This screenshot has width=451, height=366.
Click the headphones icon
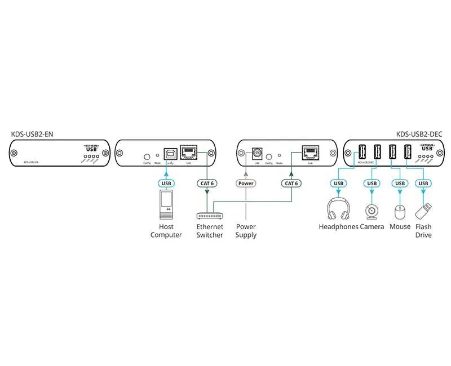(x=338, y=210)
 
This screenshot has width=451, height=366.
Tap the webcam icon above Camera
(x=372, y=211)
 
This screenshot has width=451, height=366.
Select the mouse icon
(x=400, y=211)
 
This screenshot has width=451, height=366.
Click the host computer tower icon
(x=166, y=205)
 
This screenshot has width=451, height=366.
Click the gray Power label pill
(x=246, y=184)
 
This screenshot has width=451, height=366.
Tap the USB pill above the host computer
(x=166, y=184)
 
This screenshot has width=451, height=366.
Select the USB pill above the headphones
(x=338, y=184)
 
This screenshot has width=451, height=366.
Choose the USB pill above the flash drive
(x=423, y=184)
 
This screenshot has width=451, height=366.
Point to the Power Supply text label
(x=246, y=231)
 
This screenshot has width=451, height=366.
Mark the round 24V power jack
(x=257, y=153)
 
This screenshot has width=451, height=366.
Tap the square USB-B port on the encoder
(x=170, y=153)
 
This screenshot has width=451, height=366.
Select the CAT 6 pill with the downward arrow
(x=207, y=184)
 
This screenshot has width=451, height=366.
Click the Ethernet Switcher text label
(x=210, y=231)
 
